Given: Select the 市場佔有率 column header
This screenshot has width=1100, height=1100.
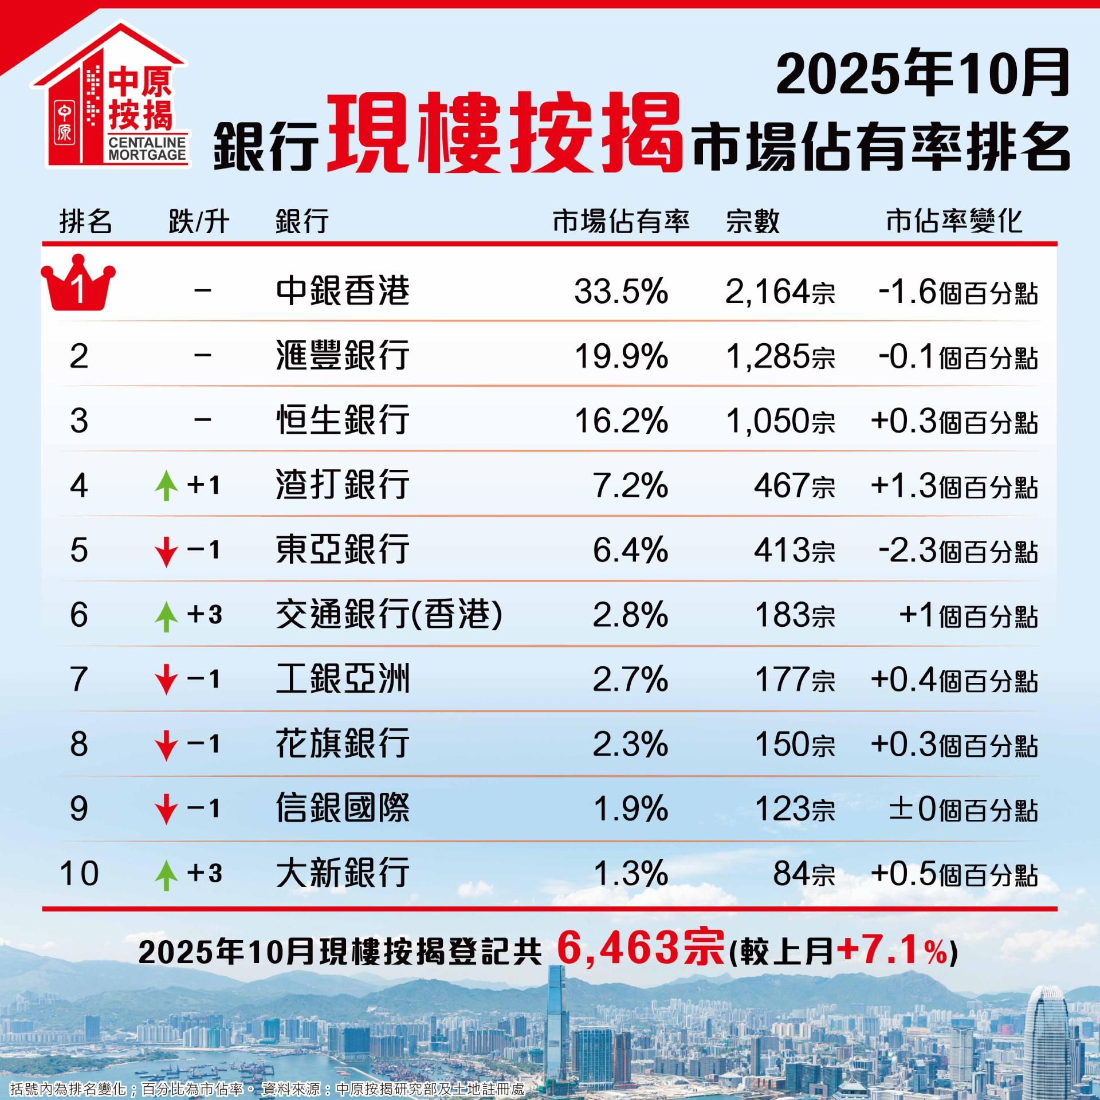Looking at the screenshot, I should [621, 222].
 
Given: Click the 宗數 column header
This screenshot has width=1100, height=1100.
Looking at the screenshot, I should [753, 222].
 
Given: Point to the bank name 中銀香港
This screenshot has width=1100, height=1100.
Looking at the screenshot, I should [343, 291].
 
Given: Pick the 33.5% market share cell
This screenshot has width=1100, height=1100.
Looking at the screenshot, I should [621, 292].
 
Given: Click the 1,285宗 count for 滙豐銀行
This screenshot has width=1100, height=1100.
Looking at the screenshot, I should [780, 356].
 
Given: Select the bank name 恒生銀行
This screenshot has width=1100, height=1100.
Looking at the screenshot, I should [343, 421].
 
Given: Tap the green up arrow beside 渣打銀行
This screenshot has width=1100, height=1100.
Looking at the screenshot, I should [166, 486].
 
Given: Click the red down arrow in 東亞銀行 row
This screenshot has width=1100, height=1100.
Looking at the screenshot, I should [166, 551].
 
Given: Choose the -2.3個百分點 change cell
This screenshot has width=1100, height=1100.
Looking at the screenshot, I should [957, 551].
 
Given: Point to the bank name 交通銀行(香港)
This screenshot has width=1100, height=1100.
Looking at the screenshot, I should [389, 615].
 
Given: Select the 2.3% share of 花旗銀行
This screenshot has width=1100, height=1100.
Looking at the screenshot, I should [630, 745].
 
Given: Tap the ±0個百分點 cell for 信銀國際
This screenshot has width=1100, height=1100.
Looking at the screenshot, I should [963, 810].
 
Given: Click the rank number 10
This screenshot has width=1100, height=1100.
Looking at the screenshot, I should [79, 874].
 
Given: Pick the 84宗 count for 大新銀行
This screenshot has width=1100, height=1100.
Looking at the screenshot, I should [804, 874].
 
